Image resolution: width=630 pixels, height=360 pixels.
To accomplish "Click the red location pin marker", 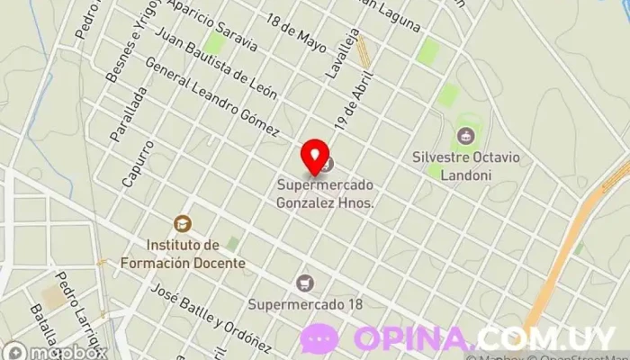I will (314, 157).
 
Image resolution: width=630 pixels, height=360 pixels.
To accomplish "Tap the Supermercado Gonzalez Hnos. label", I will (325, 194).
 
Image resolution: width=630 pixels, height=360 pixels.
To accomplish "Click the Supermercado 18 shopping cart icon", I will (306, 283).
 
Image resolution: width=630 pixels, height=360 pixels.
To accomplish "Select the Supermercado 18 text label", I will (306, 303).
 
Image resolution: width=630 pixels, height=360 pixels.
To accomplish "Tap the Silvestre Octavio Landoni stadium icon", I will (465, 136).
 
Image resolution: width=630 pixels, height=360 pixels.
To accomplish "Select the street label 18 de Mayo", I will (295, 35).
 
